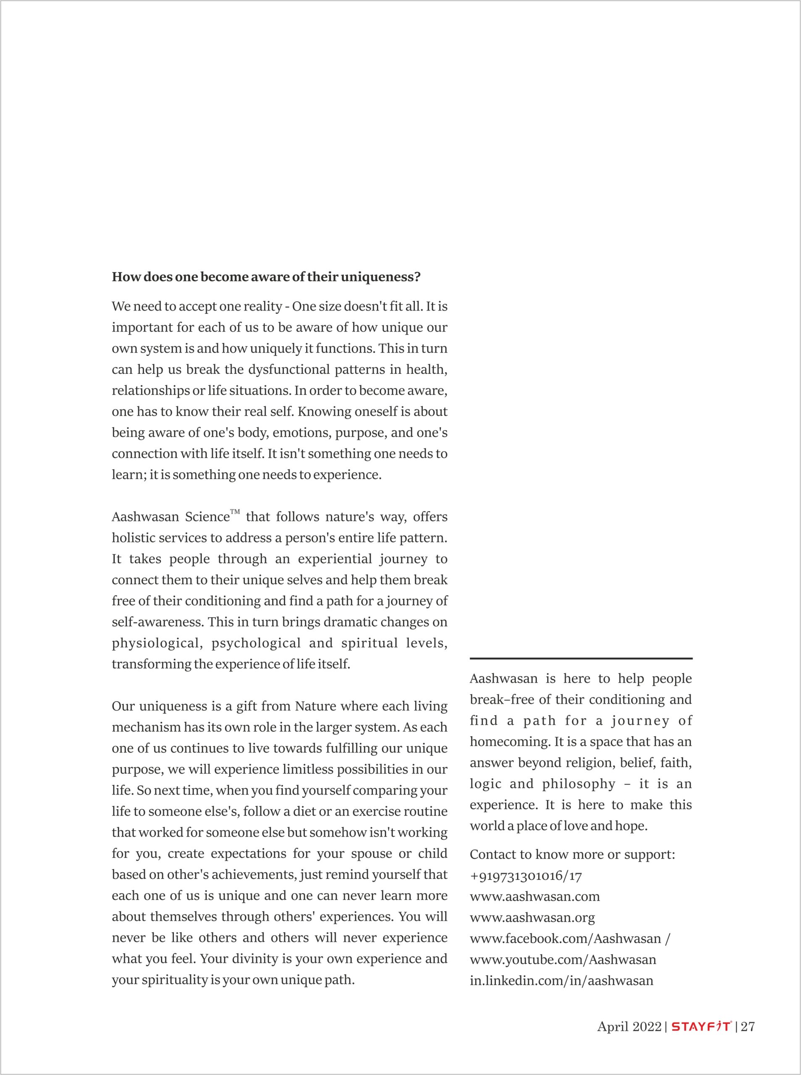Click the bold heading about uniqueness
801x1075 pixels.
pos(266,277)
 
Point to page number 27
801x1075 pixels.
pos(748,1027)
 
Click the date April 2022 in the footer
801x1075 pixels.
pos(629,1027)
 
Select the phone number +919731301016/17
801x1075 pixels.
pos(526,876)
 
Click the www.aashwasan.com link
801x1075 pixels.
pos(535,897)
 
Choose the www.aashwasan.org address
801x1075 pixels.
pos(532,918)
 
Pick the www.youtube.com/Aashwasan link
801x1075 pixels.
pos(563,960)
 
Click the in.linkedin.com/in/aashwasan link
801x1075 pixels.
pos(561,981)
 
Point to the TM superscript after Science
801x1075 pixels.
pos(235,511)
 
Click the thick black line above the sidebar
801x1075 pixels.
pos(581,658)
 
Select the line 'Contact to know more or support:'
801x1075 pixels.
pos(572,855)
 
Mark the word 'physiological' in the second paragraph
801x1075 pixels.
pos(155,643)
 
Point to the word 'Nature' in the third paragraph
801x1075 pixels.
pos(316,706)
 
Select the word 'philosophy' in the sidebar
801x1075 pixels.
pos(578,784)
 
